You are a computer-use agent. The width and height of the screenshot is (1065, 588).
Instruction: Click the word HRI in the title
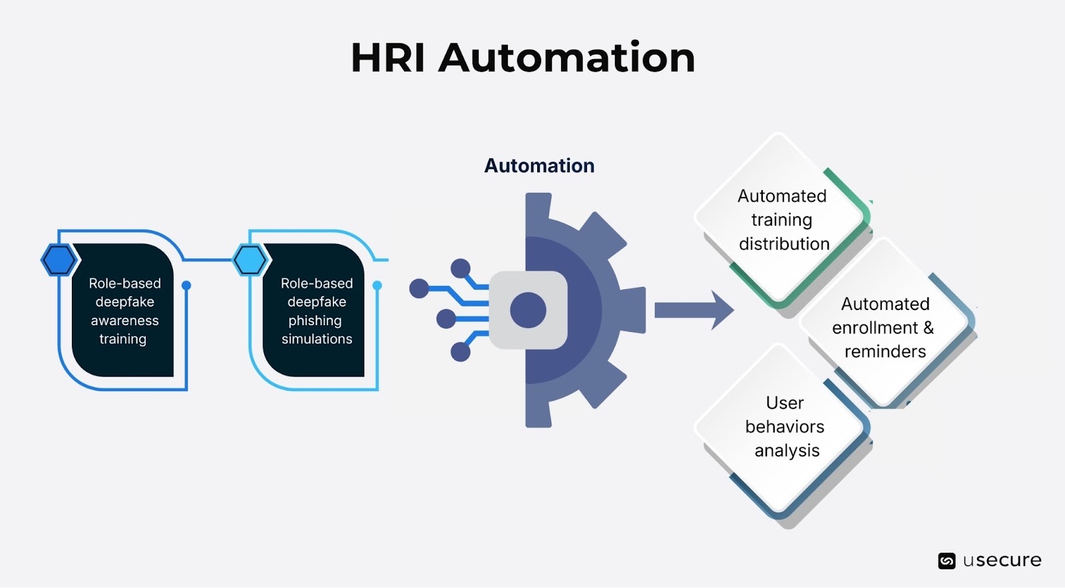coord(387,58)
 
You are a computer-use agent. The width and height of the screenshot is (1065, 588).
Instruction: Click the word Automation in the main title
coord(566,58)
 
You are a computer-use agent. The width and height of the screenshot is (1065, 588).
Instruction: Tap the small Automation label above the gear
coord(539,166)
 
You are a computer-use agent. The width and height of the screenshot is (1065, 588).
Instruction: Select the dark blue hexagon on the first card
coord(59,260)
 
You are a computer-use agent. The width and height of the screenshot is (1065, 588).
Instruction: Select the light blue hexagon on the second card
coord(250,260)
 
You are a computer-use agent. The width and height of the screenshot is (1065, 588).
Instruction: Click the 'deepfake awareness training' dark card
coord(124,311)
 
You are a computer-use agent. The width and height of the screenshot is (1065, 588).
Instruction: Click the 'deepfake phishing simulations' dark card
coord(316,311)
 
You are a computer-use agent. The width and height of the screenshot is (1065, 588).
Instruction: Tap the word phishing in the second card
coord(315,321)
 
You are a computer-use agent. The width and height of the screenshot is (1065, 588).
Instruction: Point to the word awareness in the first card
coord(124,321)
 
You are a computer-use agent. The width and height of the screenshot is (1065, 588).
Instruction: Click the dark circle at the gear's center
coord(528,310)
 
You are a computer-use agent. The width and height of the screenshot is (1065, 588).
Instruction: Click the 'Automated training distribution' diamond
coord(782,220)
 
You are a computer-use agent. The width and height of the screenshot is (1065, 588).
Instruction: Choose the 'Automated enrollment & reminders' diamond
coord(884,327)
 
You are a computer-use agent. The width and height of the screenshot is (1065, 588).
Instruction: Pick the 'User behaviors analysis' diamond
coord(784,427)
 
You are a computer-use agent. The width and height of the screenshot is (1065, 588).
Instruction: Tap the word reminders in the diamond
coord(885,351)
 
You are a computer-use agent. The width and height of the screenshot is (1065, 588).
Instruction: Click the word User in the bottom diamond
coord(785,403)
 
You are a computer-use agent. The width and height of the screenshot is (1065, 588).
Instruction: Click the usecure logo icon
coord(947,561)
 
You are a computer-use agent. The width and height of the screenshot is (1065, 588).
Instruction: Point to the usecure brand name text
coord(1002,561)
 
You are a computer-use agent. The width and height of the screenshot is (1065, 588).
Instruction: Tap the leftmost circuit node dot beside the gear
coord(419,289)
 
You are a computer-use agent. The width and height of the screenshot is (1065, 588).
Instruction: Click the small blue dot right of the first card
coord(186,285)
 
